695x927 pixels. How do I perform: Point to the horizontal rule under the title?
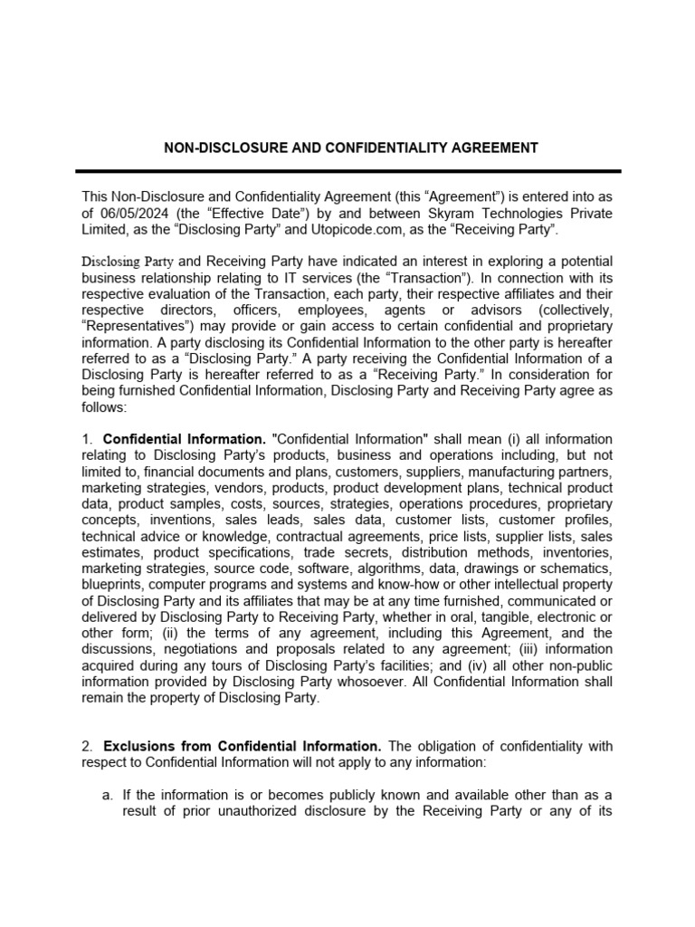coord(347,172)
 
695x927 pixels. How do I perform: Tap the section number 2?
coord(86,747)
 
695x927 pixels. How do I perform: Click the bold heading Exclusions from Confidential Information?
coord(243,747)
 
